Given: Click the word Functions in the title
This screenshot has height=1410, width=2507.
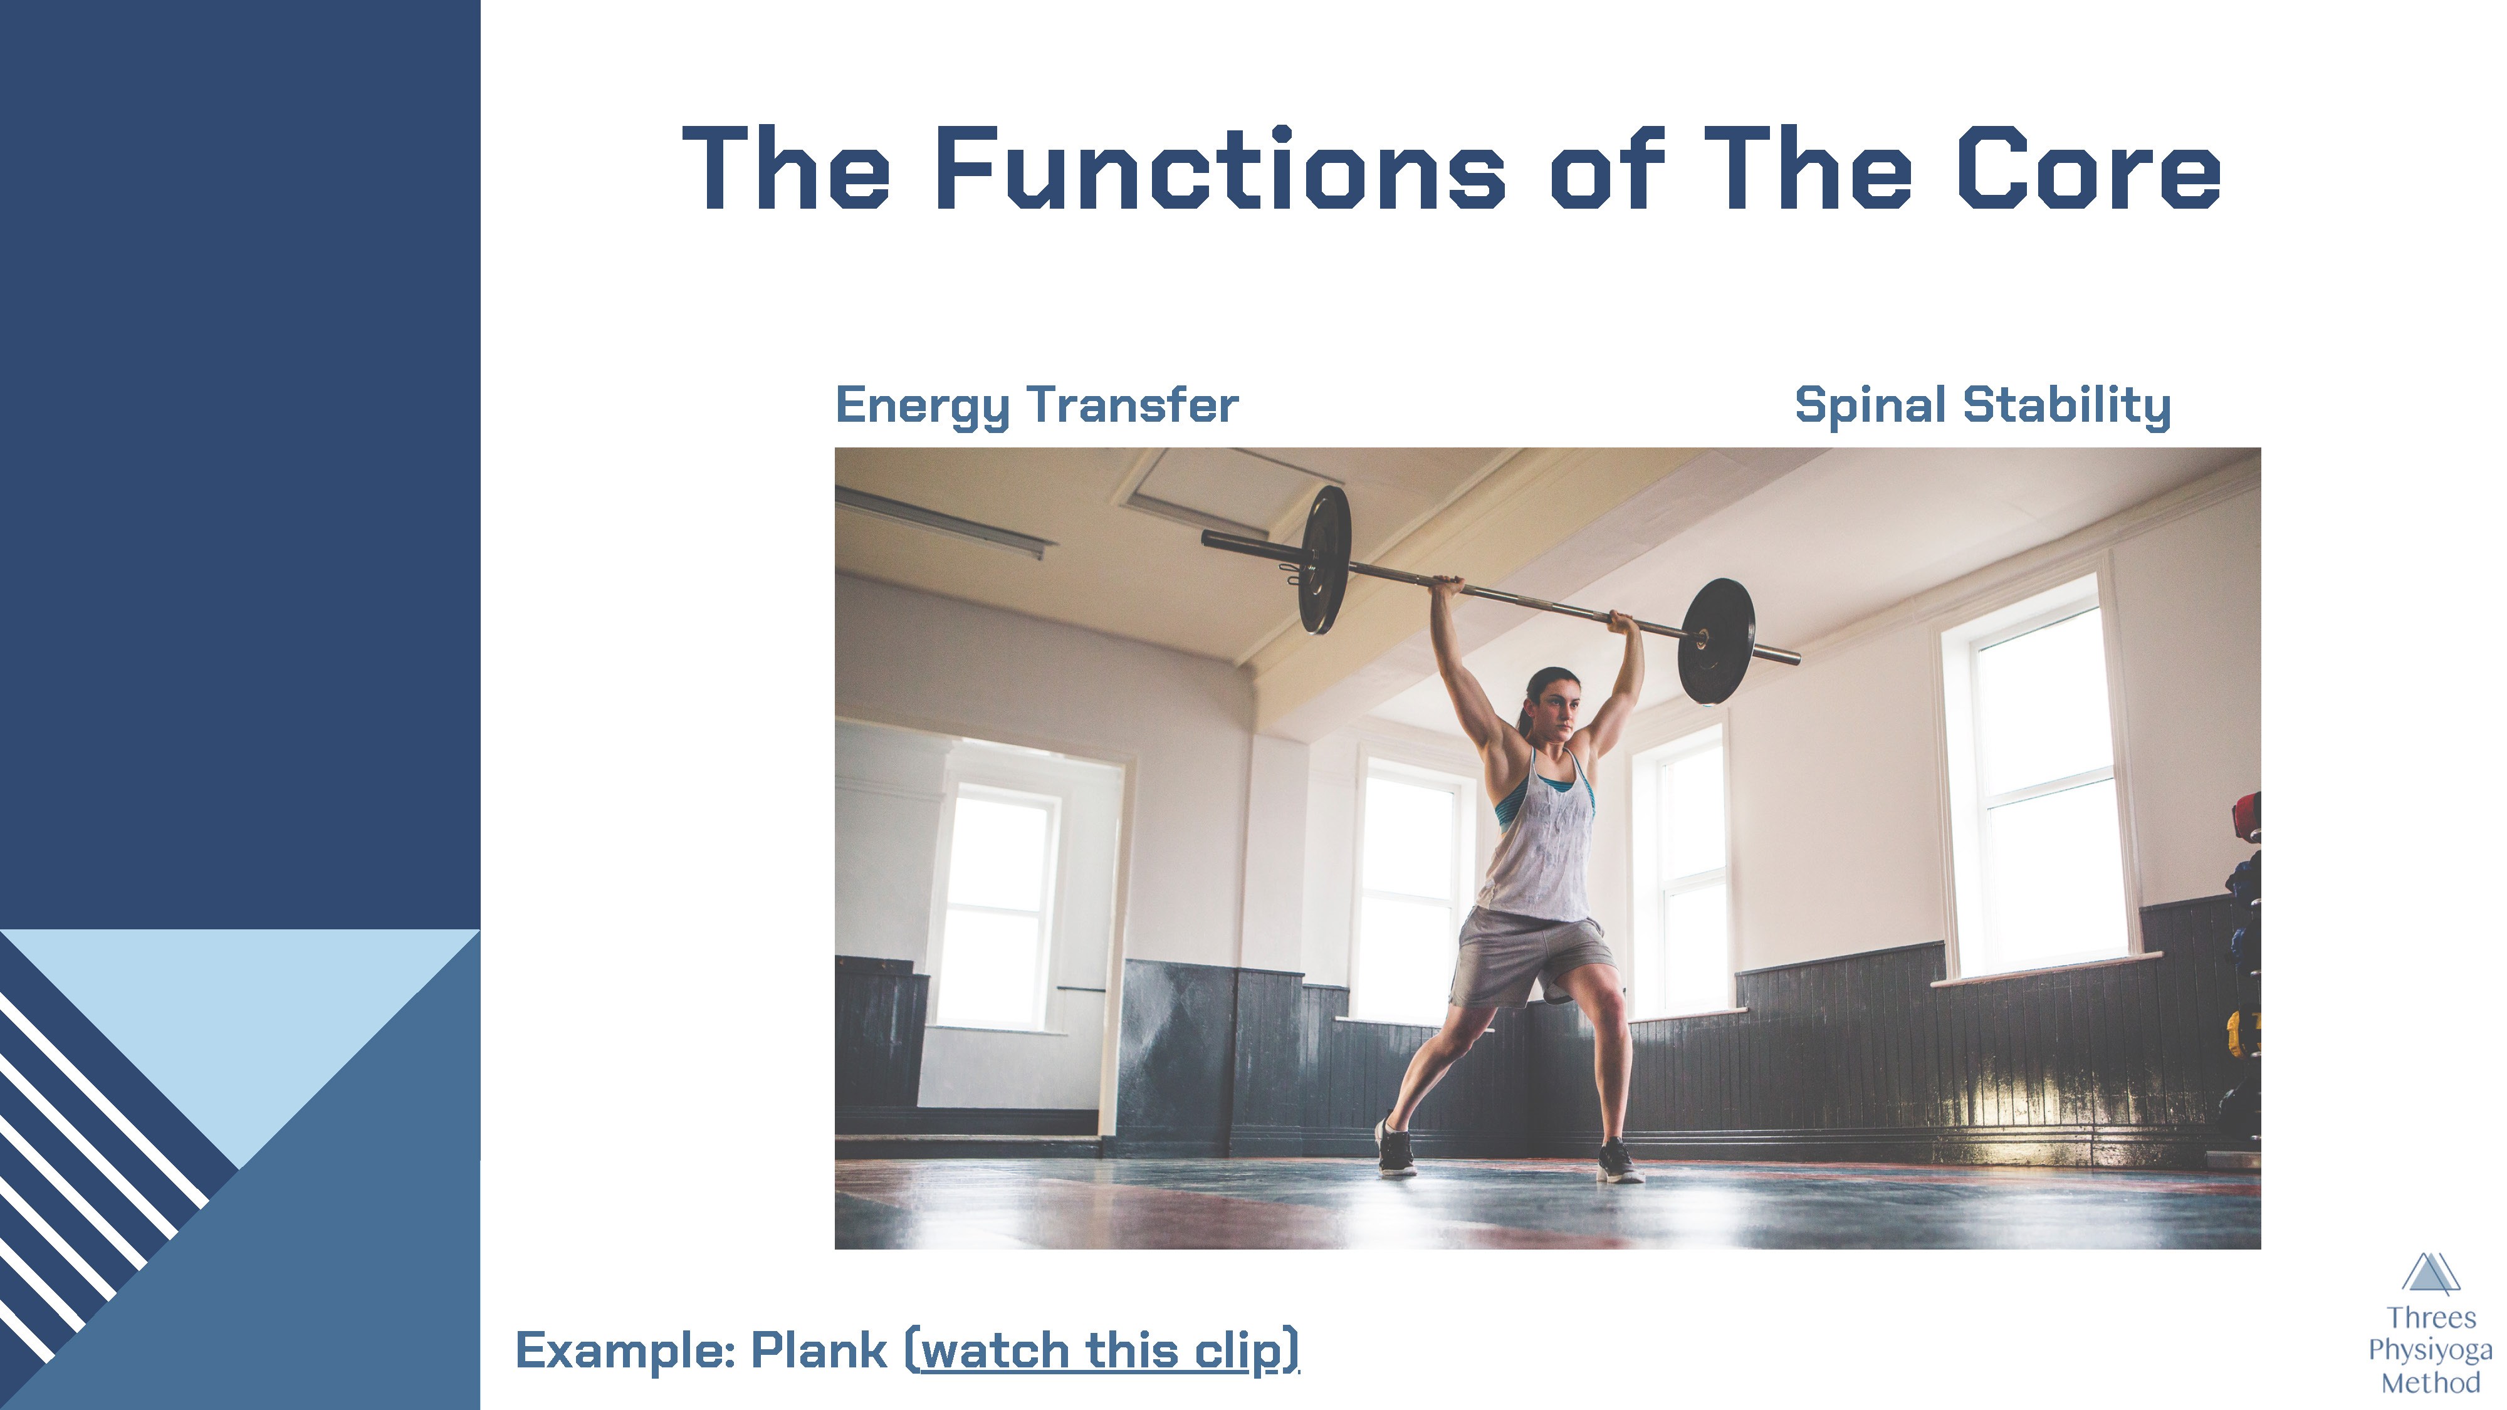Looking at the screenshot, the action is pos(1220,169).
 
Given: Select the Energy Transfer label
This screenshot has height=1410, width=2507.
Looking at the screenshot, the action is pos(1037,406).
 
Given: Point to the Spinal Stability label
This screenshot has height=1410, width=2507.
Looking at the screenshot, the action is pos(1982,406).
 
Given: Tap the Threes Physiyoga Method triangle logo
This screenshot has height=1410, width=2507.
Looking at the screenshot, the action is pos(2430,1273).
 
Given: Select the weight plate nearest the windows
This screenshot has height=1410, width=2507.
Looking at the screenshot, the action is pos(1717,641).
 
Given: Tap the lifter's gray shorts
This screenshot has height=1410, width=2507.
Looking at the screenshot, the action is pos(1531,956).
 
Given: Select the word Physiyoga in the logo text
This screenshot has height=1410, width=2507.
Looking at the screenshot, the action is pos(2430,1350).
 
